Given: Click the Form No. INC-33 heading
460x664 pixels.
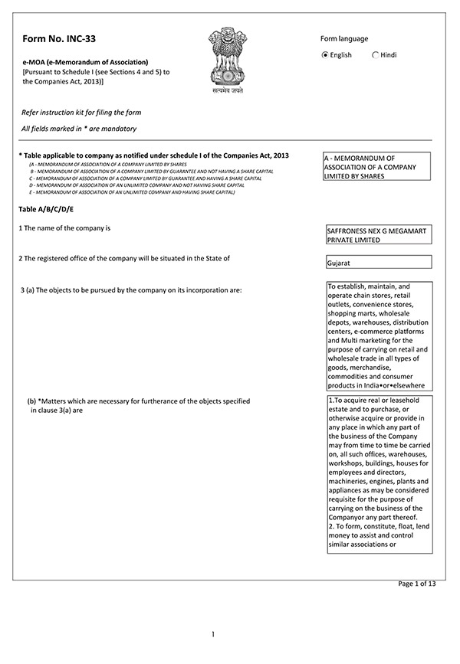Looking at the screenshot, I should [59, 38].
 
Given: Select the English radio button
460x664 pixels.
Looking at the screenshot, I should [325, 55].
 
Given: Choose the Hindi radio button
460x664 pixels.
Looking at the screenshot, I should [375, 55].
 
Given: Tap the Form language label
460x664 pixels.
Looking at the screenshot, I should [343, 39].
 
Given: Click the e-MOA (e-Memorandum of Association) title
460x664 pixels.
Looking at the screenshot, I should [86, 61].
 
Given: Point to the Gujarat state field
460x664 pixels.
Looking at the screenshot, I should [377, 263].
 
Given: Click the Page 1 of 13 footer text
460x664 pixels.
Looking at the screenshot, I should [416, 584].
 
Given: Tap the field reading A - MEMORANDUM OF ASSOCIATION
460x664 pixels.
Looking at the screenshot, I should [376, 166].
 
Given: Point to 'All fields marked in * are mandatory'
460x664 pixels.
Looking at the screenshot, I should [80, 129].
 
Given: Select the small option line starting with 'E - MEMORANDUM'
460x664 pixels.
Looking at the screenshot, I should [131, 192].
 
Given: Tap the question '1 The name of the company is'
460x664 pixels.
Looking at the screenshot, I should [65, 228].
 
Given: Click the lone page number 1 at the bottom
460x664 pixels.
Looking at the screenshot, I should [213, 634].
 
